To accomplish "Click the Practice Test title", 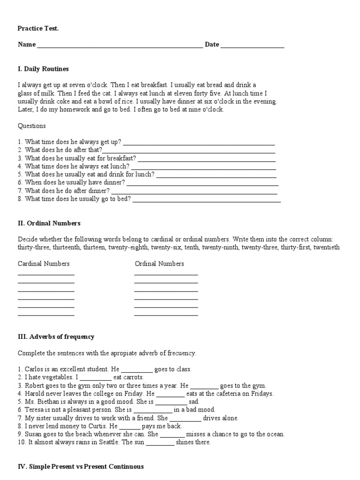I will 38,29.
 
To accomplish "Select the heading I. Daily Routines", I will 43,69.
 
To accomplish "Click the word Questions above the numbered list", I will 32,126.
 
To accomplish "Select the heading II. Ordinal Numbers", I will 49,223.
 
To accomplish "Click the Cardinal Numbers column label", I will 44,263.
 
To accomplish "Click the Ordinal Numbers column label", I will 159,263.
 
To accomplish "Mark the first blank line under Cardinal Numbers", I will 46,275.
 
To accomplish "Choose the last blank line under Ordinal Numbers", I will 166,315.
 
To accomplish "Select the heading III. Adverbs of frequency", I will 56,337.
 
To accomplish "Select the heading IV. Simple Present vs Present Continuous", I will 81,466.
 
